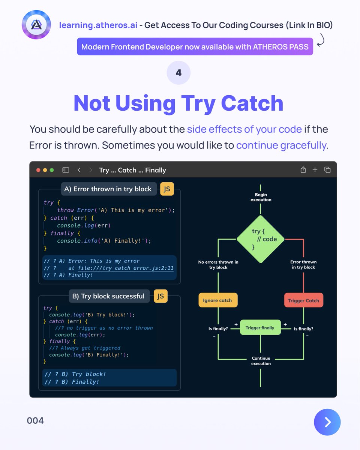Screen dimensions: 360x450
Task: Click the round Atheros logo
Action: (36, 25)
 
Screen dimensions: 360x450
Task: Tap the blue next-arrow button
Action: (327, 422)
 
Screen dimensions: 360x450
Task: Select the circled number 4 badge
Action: (178, 73)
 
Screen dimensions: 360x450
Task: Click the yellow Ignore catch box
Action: (217, 300)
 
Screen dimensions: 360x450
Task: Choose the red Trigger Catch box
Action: (303, 300)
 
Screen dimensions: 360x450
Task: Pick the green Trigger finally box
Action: (260, 327)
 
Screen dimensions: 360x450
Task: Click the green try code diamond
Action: (261, 239)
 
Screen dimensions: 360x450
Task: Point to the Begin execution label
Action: (261, 197)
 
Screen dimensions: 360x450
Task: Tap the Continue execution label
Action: (261, 361)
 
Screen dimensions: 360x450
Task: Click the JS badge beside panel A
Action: (167, 189)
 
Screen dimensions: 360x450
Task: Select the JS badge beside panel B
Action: (160, 296)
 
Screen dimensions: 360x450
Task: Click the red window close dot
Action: (38, 170)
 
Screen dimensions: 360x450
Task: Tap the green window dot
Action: (52, 170)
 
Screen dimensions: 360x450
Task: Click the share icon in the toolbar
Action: (303, 170)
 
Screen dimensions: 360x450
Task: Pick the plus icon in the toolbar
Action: (315, 170)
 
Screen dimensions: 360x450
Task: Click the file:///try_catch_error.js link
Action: (126, 268)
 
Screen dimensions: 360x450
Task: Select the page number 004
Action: (35, 421)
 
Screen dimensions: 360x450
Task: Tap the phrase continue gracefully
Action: (281, 145)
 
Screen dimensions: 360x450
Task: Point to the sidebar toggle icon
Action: (66, 170)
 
